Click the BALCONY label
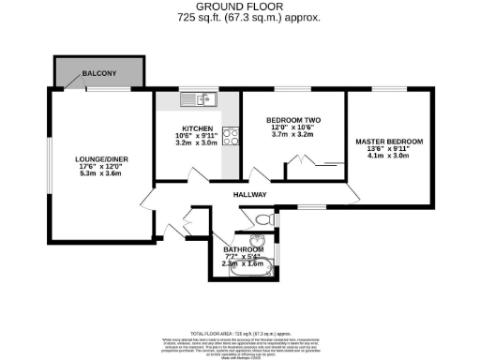[99, 72]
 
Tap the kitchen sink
[200, 97]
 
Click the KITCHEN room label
[197, 128]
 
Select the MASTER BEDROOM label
[388, 142]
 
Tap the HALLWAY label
[251, 195]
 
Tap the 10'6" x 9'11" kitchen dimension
[197, 137]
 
